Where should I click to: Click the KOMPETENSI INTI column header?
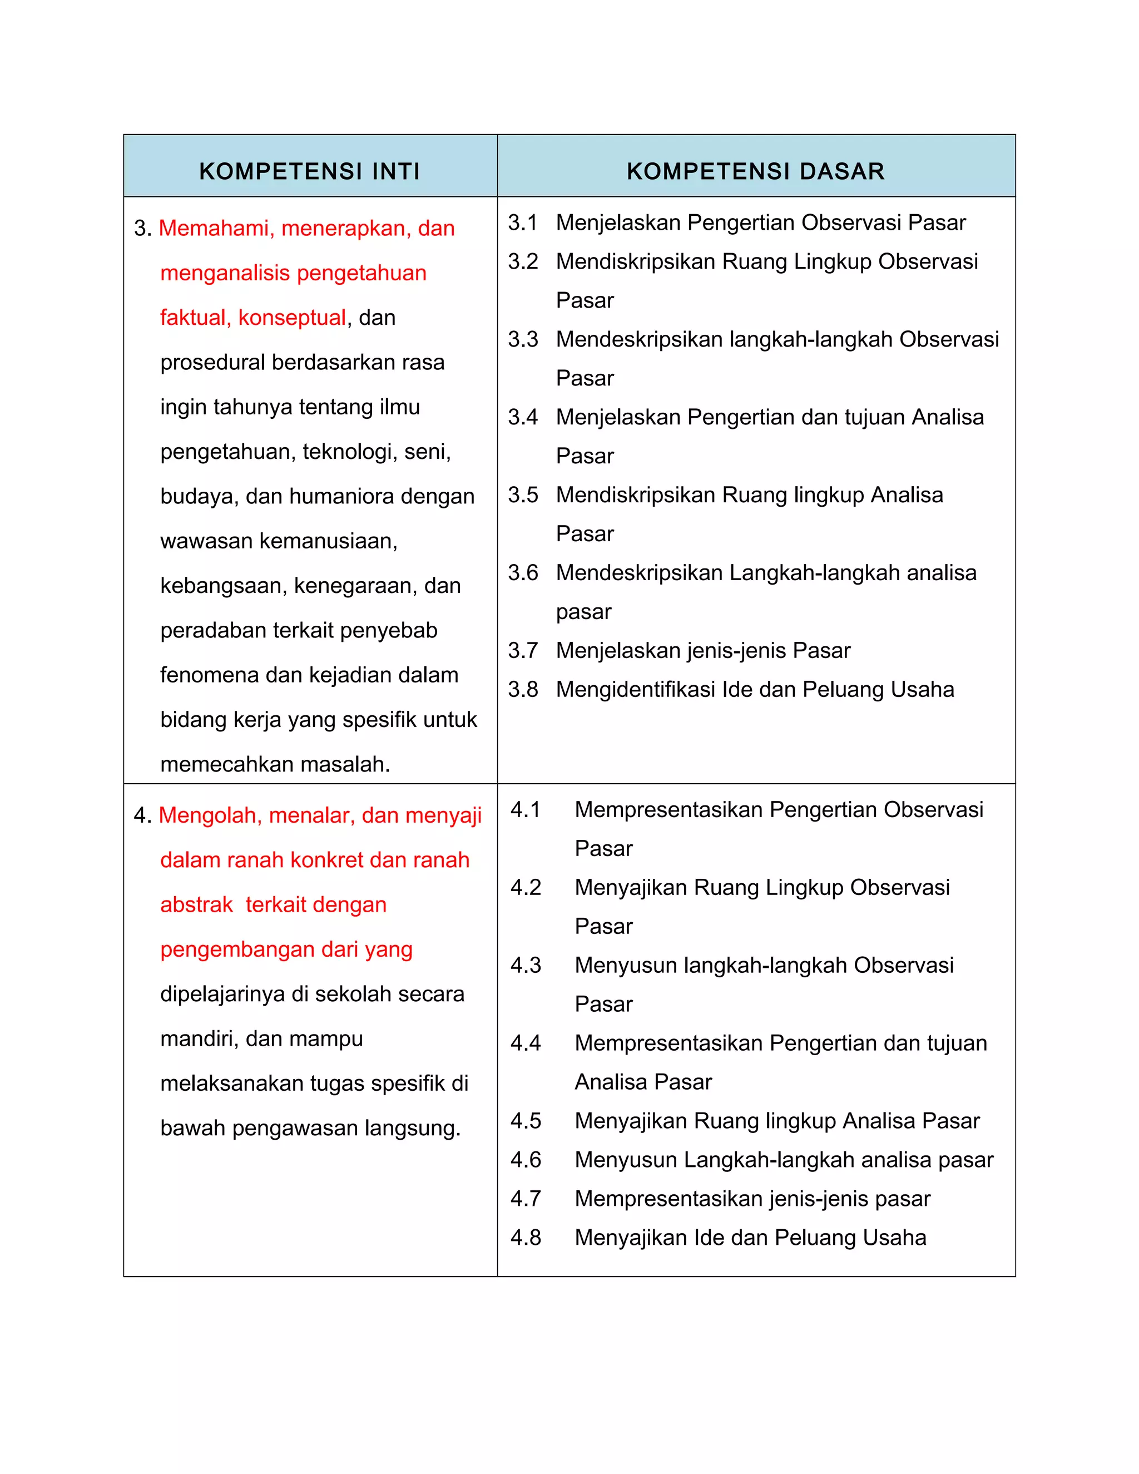[310, 171]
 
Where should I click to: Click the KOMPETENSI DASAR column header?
[756, 171]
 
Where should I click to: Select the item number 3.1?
[522, 222]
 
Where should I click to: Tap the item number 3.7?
[522, 651]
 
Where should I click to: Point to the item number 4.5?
[526, 1121]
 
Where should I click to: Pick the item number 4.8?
[526, 1238]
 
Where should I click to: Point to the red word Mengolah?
[210, 816]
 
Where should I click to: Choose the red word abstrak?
[196, 905]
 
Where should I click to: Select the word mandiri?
[199, 1038]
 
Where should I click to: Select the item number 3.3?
[522, 339]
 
